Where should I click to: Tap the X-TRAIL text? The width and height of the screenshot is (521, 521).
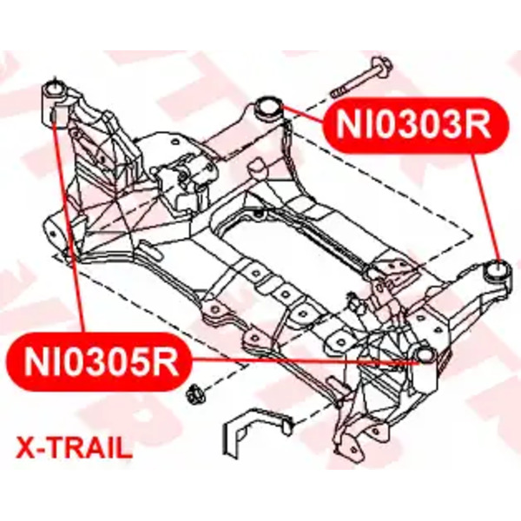point(75,448)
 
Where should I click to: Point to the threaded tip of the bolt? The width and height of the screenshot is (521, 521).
point(335,92)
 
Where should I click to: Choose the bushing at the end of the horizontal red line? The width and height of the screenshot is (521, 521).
point(425,355)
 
